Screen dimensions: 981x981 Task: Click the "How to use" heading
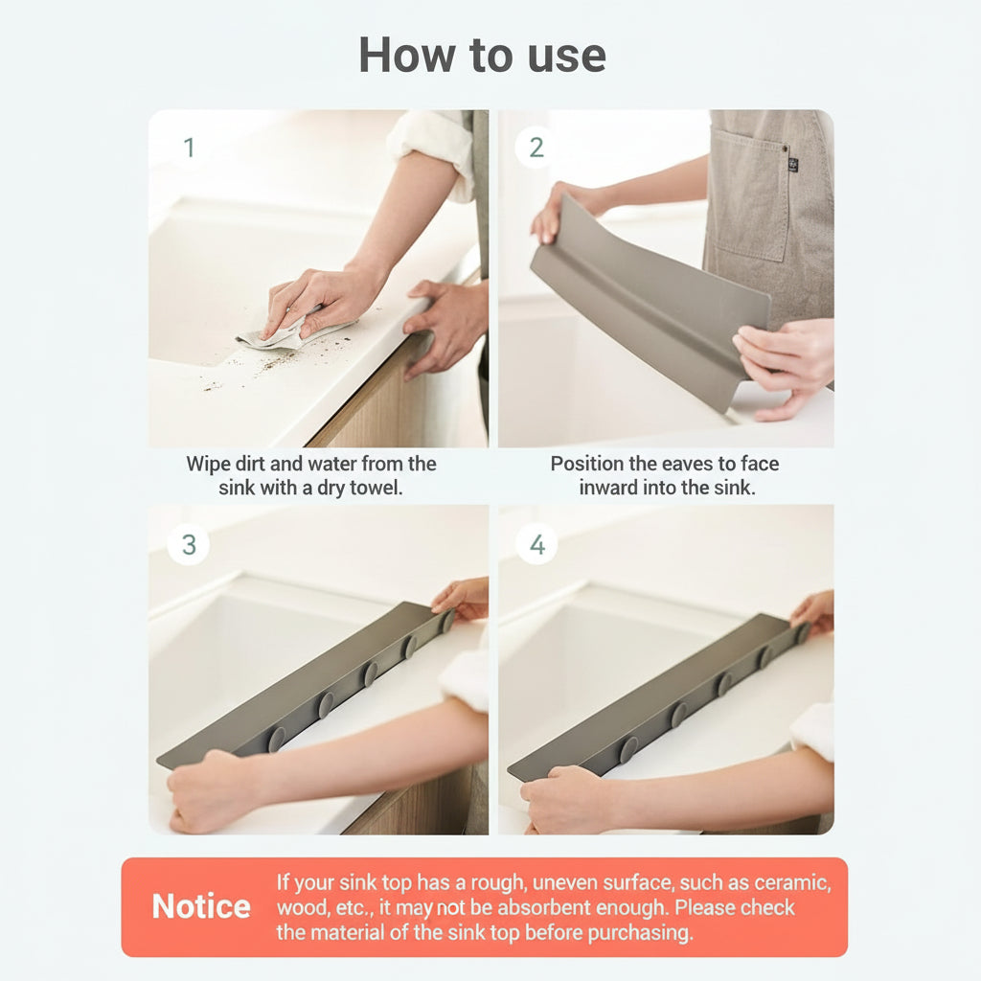pyautogui.click(x=482, y=56)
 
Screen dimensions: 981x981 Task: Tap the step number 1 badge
pyautogui.click(x=189, y=148)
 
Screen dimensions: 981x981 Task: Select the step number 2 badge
pyautogui.click(x=536, y=148)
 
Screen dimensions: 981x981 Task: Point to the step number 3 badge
pyautogui.click(x=189, y=544)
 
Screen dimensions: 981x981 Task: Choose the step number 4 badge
pyautogui.click(x=536, y=544)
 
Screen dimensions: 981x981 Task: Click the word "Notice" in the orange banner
pyautogui.click(x=201, y=906)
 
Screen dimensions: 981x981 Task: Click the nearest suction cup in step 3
pyautogui.click(x=277, y=739)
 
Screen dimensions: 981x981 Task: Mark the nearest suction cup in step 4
pyautogui.click(x=627, y=748)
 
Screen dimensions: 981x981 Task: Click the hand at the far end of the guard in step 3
pyautogui.click(x=463, y=598)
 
